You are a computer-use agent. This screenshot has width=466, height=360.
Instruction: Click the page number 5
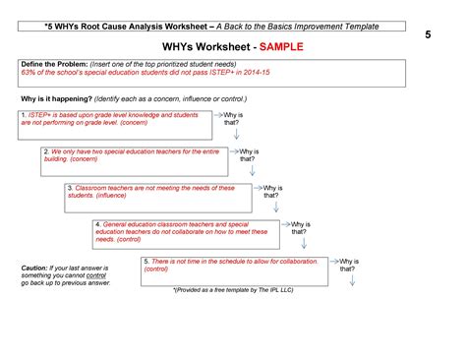click(429, 34)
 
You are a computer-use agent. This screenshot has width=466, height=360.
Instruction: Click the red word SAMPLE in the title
click(280, 46)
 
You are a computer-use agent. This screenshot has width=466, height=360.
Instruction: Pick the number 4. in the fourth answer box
click(97, 224)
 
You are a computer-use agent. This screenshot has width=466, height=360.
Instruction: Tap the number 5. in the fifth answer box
click(146, 260)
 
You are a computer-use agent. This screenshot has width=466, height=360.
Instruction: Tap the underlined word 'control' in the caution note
click(96, 275)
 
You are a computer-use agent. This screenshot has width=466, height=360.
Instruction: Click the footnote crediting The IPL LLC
click(232, 290)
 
